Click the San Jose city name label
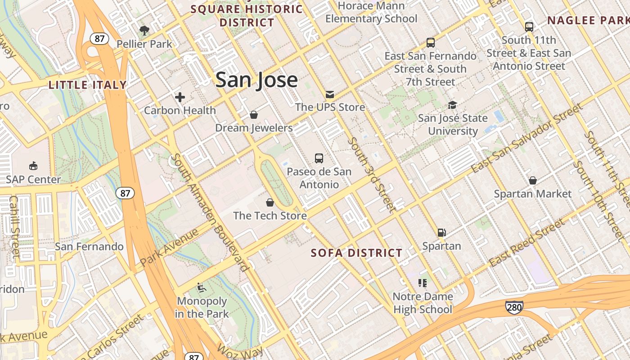tap(256, 80)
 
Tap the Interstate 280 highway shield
tap(514, 308)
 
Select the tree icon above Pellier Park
tap(144, 31)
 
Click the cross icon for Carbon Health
tap(180, 97)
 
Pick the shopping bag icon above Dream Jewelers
tap(254, 115)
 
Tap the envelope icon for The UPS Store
tap(330, 94)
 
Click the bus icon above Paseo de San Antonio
tap(319, 158)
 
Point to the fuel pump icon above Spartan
tap(441, 233)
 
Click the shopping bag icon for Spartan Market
tap(533, 180)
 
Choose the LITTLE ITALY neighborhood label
tap(87, 85)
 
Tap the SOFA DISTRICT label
tap(356, 253)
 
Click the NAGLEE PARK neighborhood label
tap(588, 20)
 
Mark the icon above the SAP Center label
tap(33, 166)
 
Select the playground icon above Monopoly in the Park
tap(202, 287)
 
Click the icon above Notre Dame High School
tap(422, 283)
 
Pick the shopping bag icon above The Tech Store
tap(270, 202)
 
